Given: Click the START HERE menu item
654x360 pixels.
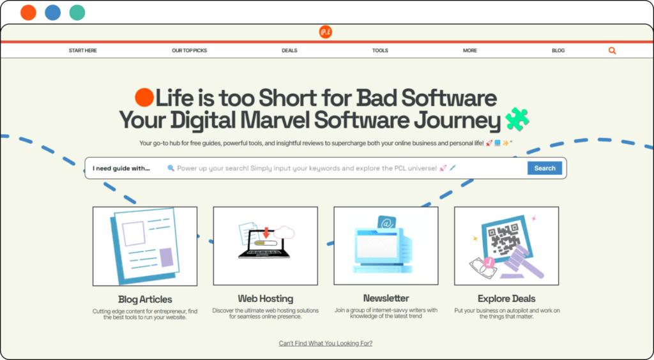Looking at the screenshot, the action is pos(82,50).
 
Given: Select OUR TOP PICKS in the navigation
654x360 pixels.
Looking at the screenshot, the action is pos(189,50).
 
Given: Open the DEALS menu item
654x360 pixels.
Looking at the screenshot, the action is pos(289,50).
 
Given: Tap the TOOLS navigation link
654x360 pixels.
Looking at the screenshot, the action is pos(380,50).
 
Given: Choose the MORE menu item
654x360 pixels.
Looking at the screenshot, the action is pos(469,50).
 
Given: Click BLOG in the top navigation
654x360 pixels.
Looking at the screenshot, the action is pos(558,50).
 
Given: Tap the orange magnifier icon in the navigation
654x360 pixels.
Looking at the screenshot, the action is pos(612,51).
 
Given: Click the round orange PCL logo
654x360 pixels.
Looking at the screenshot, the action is pos(325,32).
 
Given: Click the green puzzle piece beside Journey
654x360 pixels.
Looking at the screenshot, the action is pos(517,119).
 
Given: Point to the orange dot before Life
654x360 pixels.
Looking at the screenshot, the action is pos(145,98).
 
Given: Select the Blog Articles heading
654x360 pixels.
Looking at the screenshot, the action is pos(145,299).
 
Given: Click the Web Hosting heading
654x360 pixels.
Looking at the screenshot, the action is pos(265,298).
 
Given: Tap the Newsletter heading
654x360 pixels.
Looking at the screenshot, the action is pos(386,298).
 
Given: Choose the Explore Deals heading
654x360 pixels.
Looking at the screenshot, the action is pos(506,298).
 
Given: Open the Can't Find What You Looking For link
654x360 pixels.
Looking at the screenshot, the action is pos(325,343).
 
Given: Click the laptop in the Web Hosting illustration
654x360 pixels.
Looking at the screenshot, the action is pos(264,244).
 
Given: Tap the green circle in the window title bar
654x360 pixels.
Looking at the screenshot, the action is pos(77,13).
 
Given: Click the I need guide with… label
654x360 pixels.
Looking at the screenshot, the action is pos(121,169).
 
